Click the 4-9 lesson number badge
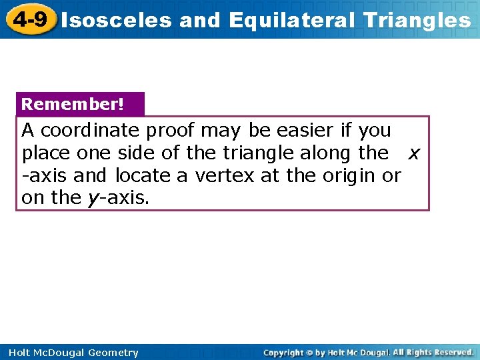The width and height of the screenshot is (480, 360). tap(29, 19)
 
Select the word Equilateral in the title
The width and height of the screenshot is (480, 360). tap(292, 20)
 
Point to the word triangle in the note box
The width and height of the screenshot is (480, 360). tap(256, 153)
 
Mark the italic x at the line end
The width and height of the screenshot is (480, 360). tap(414, 153)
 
